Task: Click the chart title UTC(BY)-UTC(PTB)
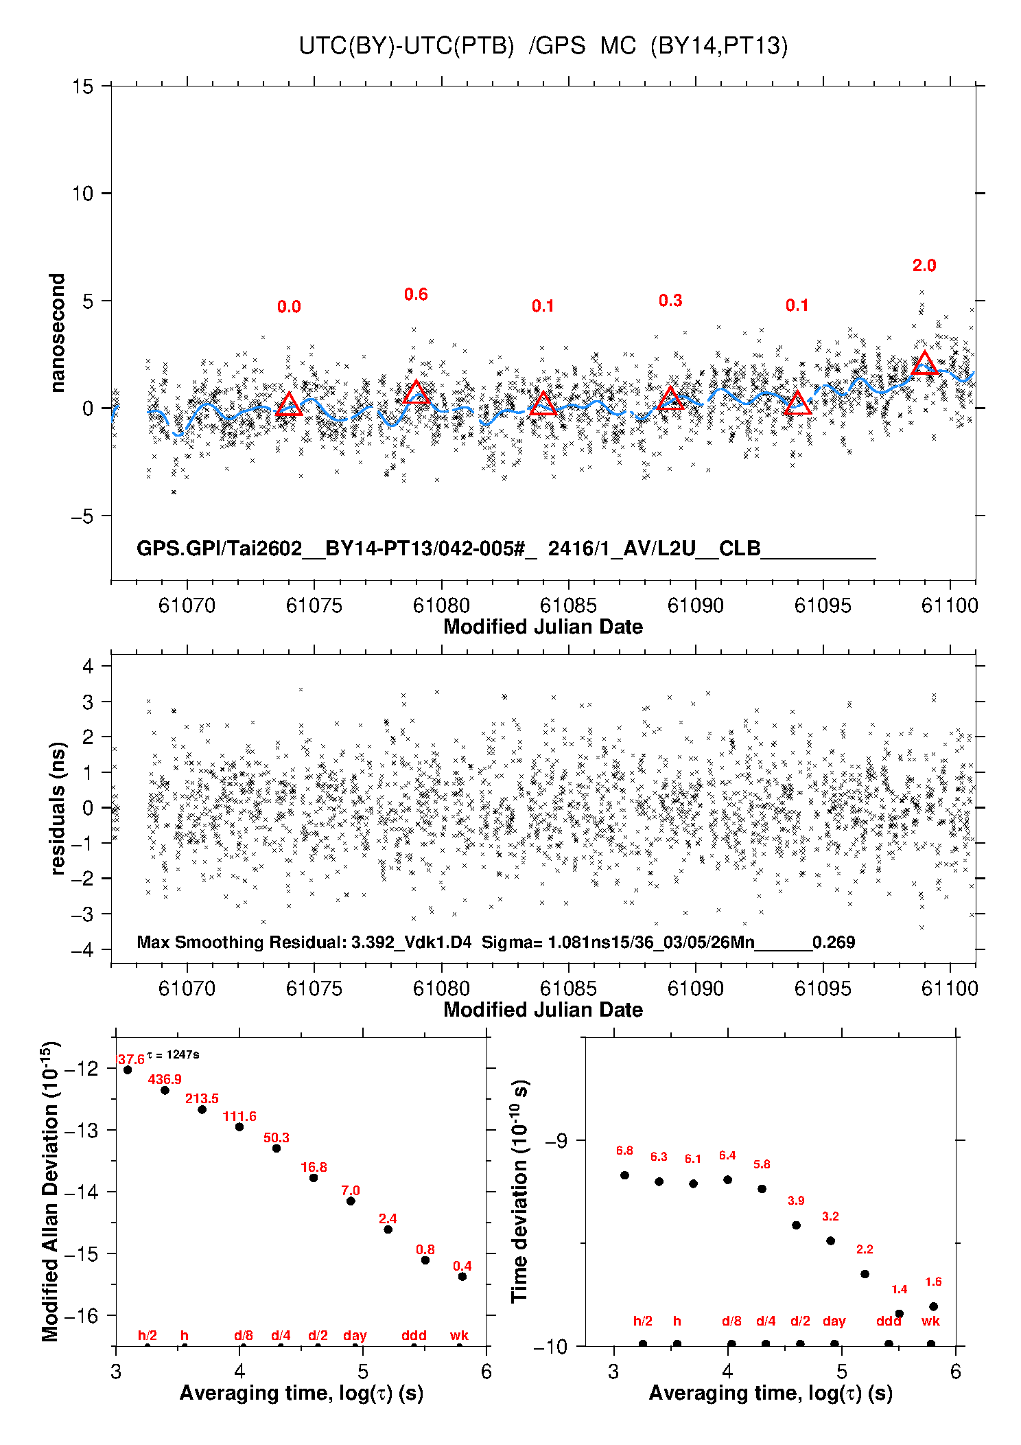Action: pyautogui.click(x=406, y=46)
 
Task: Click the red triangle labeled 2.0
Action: pyautogui.click(x=924, y=363)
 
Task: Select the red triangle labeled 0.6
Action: pyautogui.click(x=416, y=392)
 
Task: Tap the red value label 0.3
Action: pyautogui.click(x=670, y=301)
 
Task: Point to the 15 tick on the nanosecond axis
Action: pyautogui.click(x=82, y=86)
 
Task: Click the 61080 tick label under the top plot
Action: pyautogui.click(x=441, y=605)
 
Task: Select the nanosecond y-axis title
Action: pyautogui.click(x=57, y=333)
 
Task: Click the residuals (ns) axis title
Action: pyautogui.click(x=58, y=808)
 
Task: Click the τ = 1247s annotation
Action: pyautogui.click(x=173, y=1054)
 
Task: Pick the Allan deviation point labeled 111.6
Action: pyautogui.click(x=239, y=1126)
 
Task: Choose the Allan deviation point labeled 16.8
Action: pyautogui.click(x=314, y=1177)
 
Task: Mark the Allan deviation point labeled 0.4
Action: pyautogui.click(x=462, y=1276)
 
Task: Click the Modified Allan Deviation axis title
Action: pyautogui.click(x=50, y=1192)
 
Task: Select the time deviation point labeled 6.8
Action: pyautogui.click(x=624, y=1175)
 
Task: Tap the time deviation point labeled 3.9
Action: pyautogui.click(x=796, y=1225)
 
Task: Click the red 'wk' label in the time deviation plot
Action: pyautogui.click(x=930, y=1321)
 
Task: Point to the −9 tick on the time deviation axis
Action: pyautogui.click(x=556, y=1140)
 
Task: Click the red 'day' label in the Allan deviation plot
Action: pyautogui.click(x=355, y=1335)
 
